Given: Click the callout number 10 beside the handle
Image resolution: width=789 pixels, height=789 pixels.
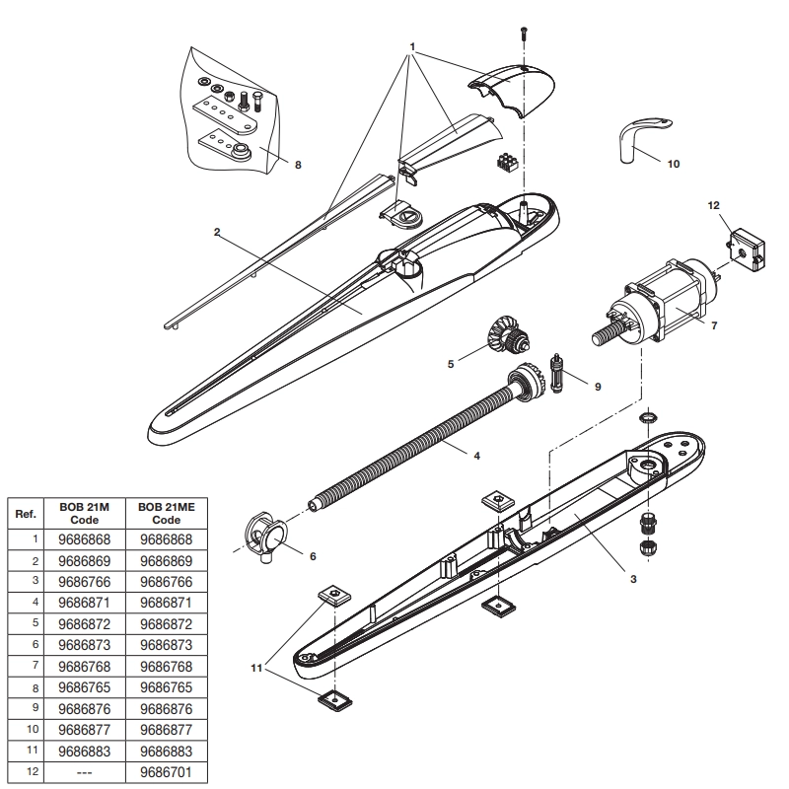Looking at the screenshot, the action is [x=674, y=164].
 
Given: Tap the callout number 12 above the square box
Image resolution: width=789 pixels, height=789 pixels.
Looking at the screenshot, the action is [x=713, y=205].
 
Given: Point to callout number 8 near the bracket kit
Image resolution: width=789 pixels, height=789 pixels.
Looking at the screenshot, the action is [x=298, y=165].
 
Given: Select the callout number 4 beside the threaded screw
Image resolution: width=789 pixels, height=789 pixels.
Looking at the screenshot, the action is [x=477, y=456].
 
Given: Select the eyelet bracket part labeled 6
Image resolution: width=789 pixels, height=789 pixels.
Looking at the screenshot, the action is [x=266, y=538].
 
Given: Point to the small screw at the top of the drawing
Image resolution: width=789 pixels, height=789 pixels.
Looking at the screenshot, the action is [x=524, y=34].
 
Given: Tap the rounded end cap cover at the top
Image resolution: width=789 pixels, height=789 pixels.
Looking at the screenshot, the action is [x=512, y=90].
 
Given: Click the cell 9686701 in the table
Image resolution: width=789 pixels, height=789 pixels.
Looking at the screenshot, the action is [x=166, y=772].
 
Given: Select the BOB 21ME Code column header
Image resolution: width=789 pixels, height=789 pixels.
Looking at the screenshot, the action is [x=166, y=513].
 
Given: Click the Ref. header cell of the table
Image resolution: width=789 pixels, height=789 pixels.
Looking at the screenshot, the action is [x=26, y=514].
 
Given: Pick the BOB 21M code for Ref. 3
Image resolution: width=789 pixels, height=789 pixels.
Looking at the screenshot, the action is [x=84, y=582].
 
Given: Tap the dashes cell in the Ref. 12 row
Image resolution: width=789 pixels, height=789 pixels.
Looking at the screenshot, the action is [x=84, y=772].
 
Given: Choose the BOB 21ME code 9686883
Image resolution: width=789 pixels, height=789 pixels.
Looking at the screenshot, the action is [x=166, y=752].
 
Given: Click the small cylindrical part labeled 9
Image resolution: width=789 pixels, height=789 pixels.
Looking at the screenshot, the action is [x=557, y=374].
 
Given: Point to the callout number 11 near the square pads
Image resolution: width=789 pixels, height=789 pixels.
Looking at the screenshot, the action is [x=256, y=668].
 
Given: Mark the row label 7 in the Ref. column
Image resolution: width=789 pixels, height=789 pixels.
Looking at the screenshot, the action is [x=36, y=665].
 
